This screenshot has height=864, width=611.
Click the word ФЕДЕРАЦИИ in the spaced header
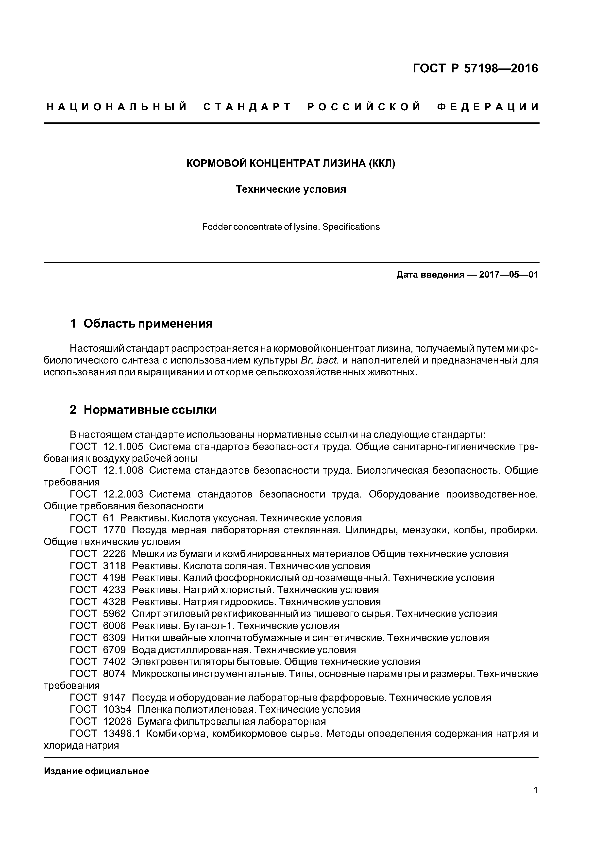pyautogui.click(x=488, y=107)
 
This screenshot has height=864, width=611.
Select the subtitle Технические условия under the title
pyautogui.click(x=291, y=189)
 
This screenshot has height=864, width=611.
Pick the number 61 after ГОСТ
pyautogui.click(x=108, y=518)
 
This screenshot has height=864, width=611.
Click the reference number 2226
pyautogui.click(x=114, y=554)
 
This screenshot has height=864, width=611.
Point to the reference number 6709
pyautogui.click(x=114, y=650)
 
